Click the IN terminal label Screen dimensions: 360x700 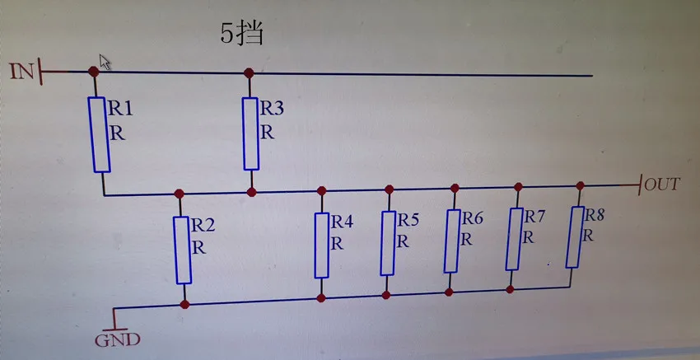[22, 71]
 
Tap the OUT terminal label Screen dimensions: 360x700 [662, 184]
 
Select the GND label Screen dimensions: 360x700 [119, 339]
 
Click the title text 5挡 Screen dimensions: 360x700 [240, 34]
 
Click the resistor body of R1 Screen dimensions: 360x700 [100, 134]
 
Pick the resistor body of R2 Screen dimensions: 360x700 [183, 250]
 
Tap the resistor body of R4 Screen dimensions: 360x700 [322, 245]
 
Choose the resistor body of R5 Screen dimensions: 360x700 [388, 242]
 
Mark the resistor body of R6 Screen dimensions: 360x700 [452, 241]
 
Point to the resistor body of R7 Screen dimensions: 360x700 [515, 239]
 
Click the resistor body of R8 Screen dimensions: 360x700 [576, 236]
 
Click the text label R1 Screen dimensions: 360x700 [120, 107]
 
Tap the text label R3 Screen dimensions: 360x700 [271, 108]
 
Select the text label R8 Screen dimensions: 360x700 [595, 215]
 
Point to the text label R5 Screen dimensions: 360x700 [408, 220]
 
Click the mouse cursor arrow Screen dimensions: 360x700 [105, 61]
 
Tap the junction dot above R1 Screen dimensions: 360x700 [94, 72]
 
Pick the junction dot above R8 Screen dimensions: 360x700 [580, 185]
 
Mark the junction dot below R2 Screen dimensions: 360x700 [184, 304]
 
